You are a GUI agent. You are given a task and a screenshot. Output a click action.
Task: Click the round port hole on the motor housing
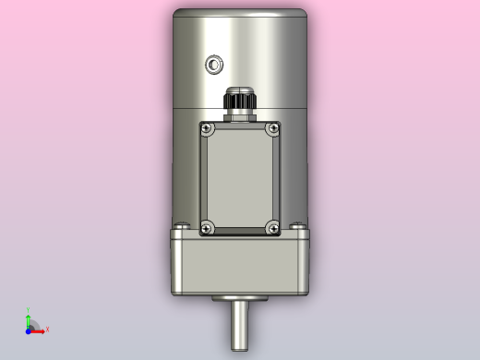(215, 64)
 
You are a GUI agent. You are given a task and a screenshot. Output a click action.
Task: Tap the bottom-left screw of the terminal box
(207, 225)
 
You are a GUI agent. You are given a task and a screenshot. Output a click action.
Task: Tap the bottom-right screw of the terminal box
(272, 225)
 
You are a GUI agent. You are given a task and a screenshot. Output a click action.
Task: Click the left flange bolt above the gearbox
(182, 225)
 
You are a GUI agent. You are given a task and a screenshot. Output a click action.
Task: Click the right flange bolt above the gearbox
(297, 225)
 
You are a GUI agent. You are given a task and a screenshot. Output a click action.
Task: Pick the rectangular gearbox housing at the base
(240, 265)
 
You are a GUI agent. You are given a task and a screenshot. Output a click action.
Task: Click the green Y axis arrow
(29, 318)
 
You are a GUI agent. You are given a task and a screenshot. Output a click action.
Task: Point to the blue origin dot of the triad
(29, 330)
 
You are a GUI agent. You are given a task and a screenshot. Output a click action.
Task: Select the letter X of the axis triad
(47, 330)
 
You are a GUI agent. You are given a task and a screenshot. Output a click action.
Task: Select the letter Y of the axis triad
(29, 310)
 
